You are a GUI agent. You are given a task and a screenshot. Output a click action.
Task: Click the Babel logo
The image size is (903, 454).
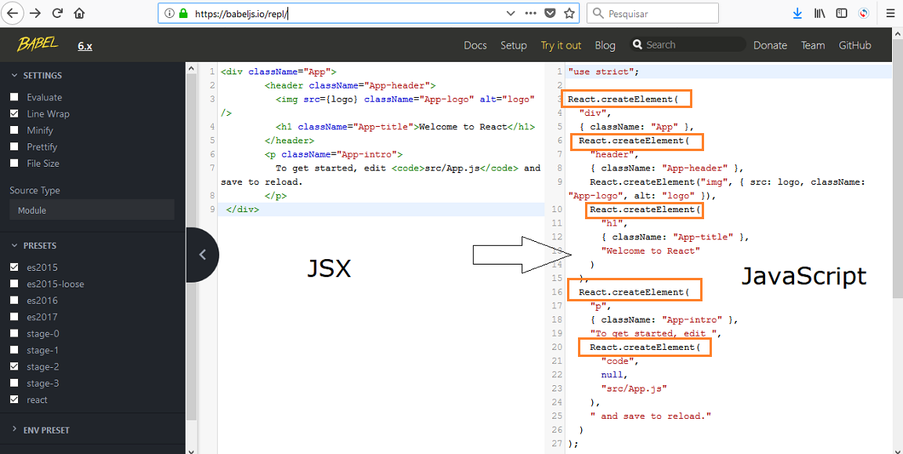(38, 44)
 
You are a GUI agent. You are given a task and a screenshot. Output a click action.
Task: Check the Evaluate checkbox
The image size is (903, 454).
(14, 97)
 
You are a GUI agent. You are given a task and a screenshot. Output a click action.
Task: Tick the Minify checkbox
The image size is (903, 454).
(14, 130)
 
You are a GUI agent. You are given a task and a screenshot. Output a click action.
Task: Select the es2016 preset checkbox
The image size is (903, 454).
(14, 301)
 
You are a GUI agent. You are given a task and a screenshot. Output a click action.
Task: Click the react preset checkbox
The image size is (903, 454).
(14, 399)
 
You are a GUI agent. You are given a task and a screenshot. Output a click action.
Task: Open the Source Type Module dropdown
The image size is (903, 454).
(92, 210)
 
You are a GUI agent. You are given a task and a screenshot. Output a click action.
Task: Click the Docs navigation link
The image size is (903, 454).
(475, 45)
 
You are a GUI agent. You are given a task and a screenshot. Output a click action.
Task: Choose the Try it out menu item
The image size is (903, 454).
(561, 45)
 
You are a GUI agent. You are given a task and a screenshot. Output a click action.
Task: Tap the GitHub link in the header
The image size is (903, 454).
(854, 45)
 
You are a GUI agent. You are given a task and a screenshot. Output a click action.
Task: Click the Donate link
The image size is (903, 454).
(770, 45)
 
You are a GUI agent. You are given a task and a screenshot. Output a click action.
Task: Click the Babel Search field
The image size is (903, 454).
(688, 45)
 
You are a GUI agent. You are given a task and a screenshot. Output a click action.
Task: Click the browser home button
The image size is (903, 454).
(79, 13)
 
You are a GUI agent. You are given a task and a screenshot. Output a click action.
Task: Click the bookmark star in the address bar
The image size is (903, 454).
(569, 13)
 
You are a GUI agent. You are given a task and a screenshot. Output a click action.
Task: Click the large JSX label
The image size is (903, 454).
(328, 268)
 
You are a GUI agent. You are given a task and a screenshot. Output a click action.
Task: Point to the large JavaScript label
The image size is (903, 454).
(804, 277)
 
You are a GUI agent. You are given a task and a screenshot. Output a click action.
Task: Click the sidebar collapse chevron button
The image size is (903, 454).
(203, 254)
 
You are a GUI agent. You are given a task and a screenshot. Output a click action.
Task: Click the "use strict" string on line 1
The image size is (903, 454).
(601, 72)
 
